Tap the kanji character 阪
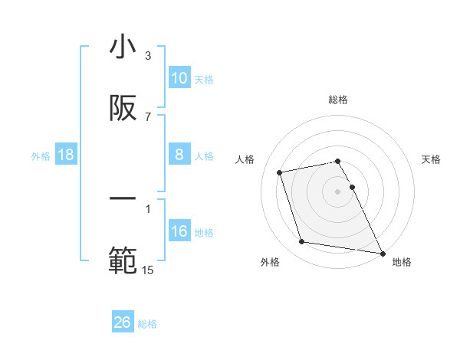(x=123, y=110)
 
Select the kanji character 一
(x=123, y=198)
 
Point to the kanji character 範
(x=123, y=261)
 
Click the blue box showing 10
(x=179, y=78)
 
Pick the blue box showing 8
(x=179, y=155)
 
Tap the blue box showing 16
(x=179, y=231)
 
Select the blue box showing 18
(x=66, y=155)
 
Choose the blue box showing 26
(x=123, y=322)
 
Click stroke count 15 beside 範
(x=148, y=269)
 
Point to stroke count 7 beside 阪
(x=148, y=116)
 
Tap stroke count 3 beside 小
(x=148, y=55)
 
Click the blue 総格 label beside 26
(x=148, y=324)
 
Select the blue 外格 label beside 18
(x=41, y=156)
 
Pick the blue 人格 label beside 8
(x=204, y=156)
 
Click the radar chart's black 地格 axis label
(x=402, y=262)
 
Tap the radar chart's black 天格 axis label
(x=431, y=159)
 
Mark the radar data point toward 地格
(x=382, y=252)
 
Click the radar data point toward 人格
(x=280, y=172)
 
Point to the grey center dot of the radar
(x=337, y=191)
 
